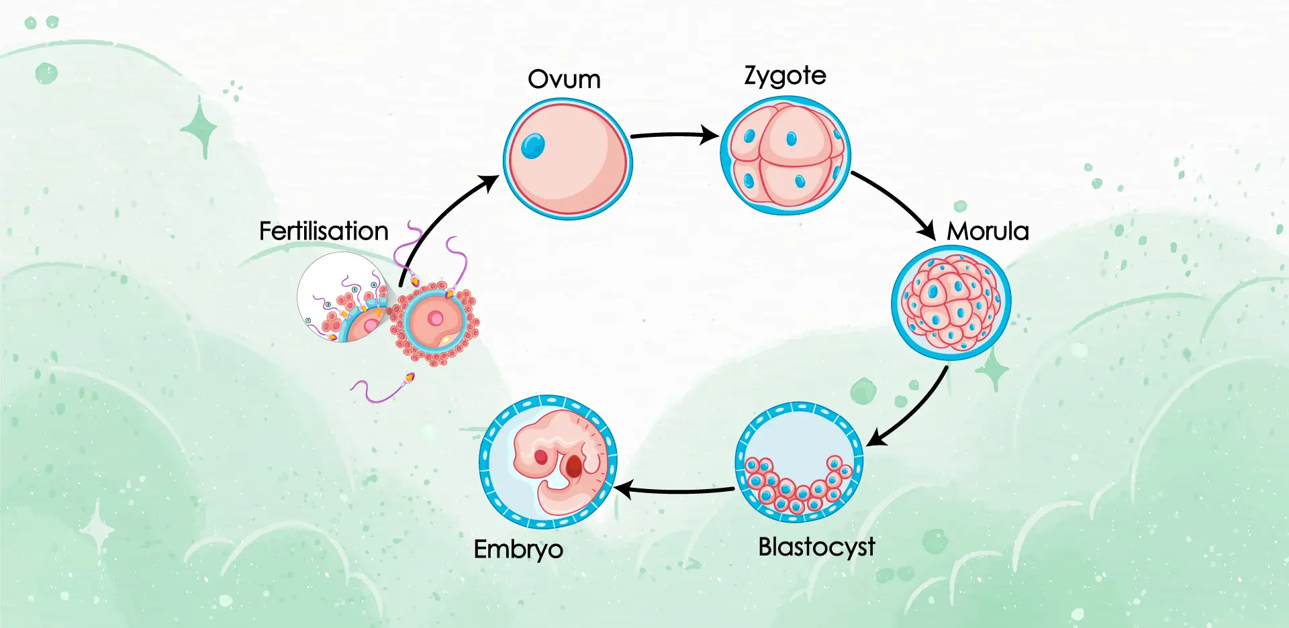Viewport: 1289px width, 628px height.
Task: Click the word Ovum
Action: (x=564, y=79)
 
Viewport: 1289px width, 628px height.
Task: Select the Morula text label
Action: (x=988, y=231)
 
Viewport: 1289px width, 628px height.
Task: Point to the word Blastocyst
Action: (x=816, y=547)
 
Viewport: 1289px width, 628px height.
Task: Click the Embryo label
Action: (x=518, y=549)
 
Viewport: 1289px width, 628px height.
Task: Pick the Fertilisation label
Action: (x=324, y=231)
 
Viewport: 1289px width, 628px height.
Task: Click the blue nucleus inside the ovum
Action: (x=533, y=146)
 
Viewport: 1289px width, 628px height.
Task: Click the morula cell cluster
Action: (x=951, y=302)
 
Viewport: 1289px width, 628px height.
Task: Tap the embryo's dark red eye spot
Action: (x=574, y=466)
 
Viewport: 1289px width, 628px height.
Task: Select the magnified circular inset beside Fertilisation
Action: (x=342, y=297)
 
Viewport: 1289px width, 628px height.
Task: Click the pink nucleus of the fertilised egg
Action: (x=436, y=319)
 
